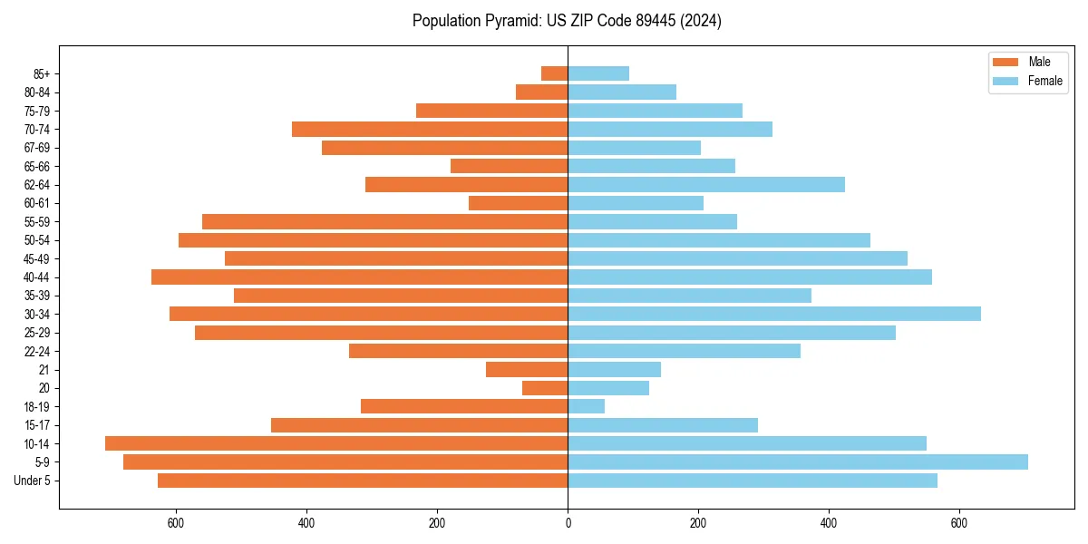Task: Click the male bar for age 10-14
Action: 336,443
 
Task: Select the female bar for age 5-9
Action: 798,461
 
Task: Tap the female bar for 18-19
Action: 587,406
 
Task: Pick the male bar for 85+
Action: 555,73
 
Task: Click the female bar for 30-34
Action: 774,314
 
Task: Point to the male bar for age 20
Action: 545,388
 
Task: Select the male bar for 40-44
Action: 360,277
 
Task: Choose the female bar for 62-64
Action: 706,184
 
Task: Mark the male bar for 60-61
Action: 519,203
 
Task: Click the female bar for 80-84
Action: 622,92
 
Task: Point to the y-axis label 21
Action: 44,370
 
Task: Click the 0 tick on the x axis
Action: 568,523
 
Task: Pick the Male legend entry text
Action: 1039,62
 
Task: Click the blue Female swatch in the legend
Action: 1005,81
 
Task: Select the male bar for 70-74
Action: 430,129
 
